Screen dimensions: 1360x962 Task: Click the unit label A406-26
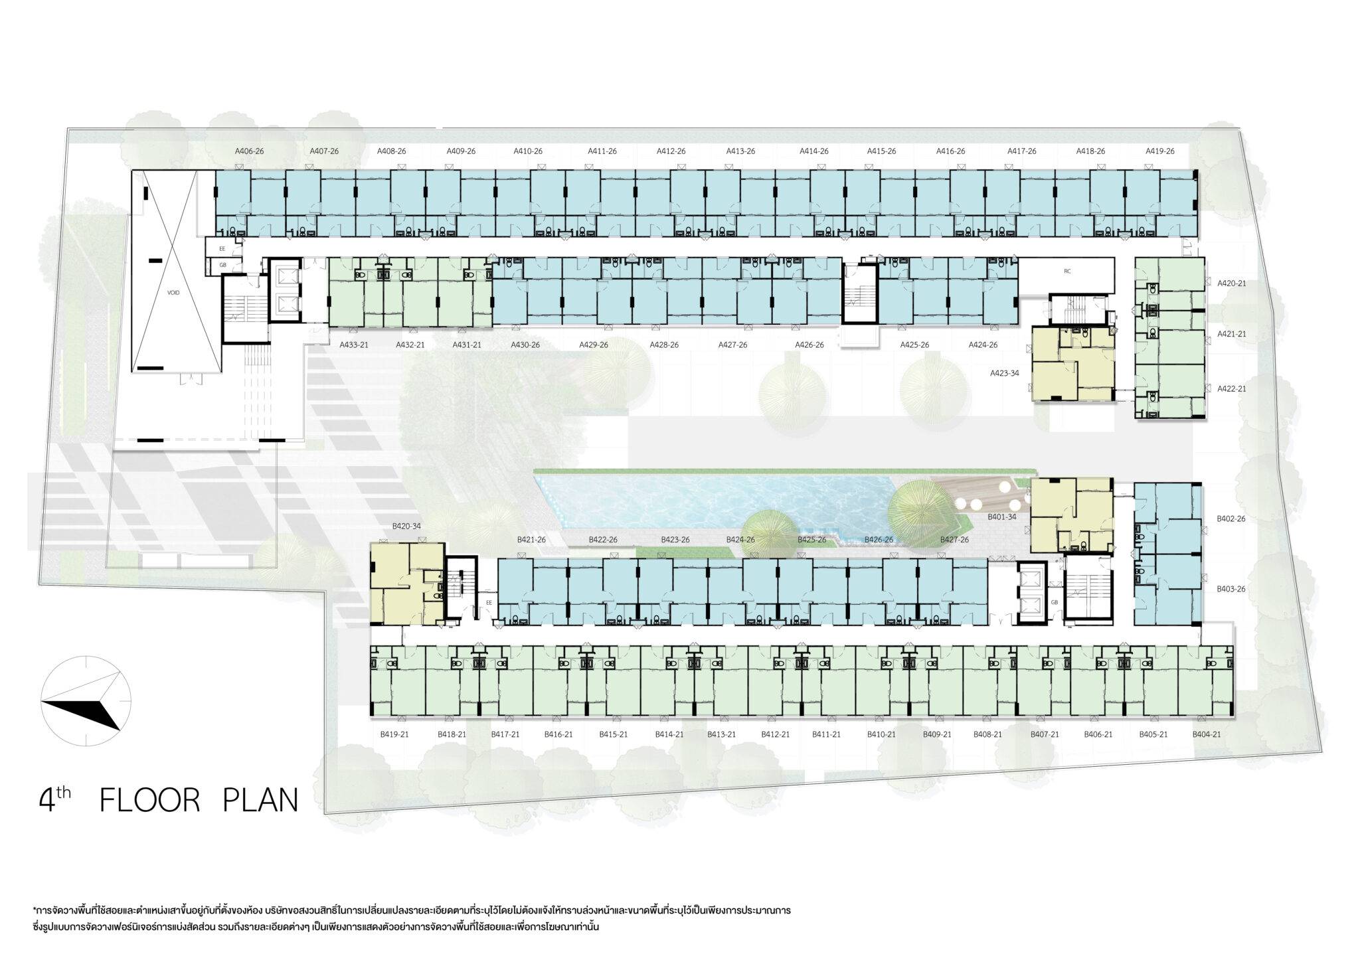coord(250,151)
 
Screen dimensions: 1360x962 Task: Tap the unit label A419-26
coord(1159,151)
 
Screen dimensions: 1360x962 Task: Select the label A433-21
coord(354,345)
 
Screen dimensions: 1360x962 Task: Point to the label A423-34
coord(1004,373)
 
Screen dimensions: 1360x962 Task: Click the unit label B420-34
coord(406,526)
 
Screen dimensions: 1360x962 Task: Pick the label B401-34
coord(1001,516)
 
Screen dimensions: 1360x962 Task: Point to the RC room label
coord(1067,271)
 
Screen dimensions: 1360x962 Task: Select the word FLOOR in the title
coord(149,801)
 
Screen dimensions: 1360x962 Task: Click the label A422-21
coord(1232,389)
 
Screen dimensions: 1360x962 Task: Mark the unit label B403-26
coord(1231,589)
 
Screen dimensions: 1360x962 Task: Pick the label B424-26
coord(740,540)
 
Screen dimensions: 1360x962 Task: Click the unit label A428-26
coord(664,345)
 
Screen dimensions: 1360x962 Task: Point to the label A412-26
coord(671,151)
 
